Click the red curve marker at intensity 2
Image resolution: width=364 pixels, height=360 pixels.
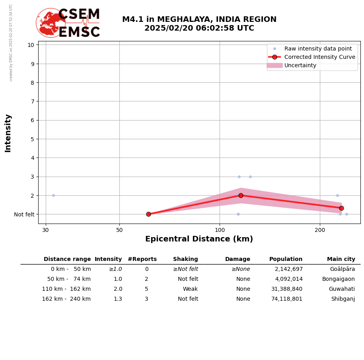tap(241, 195)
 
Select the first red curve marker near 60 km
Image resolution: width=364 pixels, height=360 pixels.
tap(148, 214)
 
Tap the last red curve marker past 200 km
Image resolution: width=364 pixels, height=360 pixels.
tap(341, 208)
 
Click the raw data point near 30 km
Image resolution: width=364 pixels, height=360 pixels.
tap(53, 195)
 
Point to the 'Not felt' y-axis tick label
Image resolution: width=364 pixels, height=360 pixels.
tap(24, 214)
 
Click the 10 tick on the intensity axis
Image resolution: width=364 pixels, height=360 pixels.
tap(31, 45)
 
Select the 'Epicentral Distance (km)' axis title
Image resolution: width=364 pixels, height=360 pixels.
tap(199, 239)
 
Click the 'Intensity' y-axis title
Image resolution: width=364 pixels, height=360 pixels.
tap(8, 133)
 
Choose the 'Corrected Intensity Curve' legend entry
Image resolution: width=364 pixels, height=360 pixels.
tap(319, 57)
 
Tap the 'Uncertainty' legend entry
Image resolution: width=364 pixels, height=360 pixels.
tap(300, 65)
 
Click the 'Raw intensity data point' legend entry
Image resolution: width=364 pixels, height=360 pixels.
tap(318, 49)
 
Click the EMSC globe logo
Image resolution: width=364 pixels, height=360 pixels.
tap(51, 23)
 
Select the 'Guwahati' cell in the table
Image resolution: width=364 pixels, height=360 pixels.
tap(342, 289)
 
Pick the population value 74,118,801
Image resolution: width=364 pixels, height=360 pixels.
tap(287, 299)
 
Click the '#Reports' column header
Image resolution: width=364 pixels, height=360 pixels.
tap(142, 259)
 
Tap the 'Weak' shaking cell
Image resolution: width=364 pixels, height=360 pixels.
tap(190, 289)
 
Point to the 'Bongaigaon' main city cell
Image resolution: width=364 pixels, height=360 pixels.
tap(338, 279)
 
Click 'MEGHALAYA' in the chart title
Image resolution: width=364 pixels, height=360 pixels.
tap(185, 19)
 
